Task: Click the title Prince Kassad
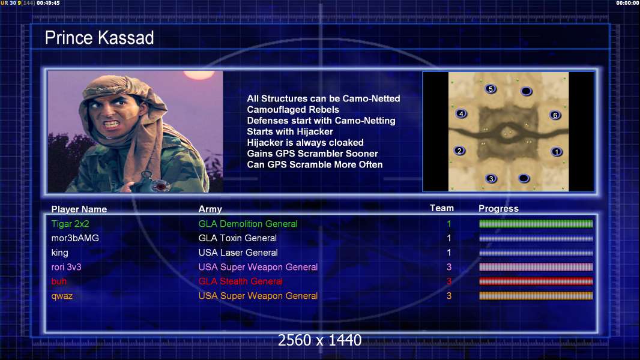click(99, 38)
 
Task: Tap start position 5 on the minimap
click(491, 89)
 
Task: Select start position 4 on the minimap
click(461, 114)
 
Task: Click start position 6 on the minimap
click(555, 115)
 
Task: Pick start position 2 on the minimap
click(460, 151)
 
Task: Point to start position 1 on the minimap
click(557, 152)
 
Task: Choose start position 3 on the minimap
click(491, 179)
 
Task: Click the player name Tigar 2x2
click(70, 224)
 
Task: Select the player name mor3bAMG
click(75, 238)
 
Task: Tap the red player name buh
click(59, 281)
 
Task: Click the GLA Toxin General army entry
click(238, 238)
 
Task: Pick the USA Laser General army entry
click(238, 253)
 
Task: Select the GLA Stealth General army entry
click(240, 281)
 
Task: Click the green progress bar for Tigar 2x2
click(536, 223)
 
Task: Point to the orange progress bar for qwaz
click(536, 296)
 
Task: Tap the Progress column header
click(498, 209)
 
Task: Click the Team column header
click(442, 208)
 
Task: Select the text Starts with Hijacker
click(290, 131)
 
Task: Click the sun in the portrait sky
click(199, 74)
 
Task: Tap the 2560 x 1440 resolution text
click(319, 340)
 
